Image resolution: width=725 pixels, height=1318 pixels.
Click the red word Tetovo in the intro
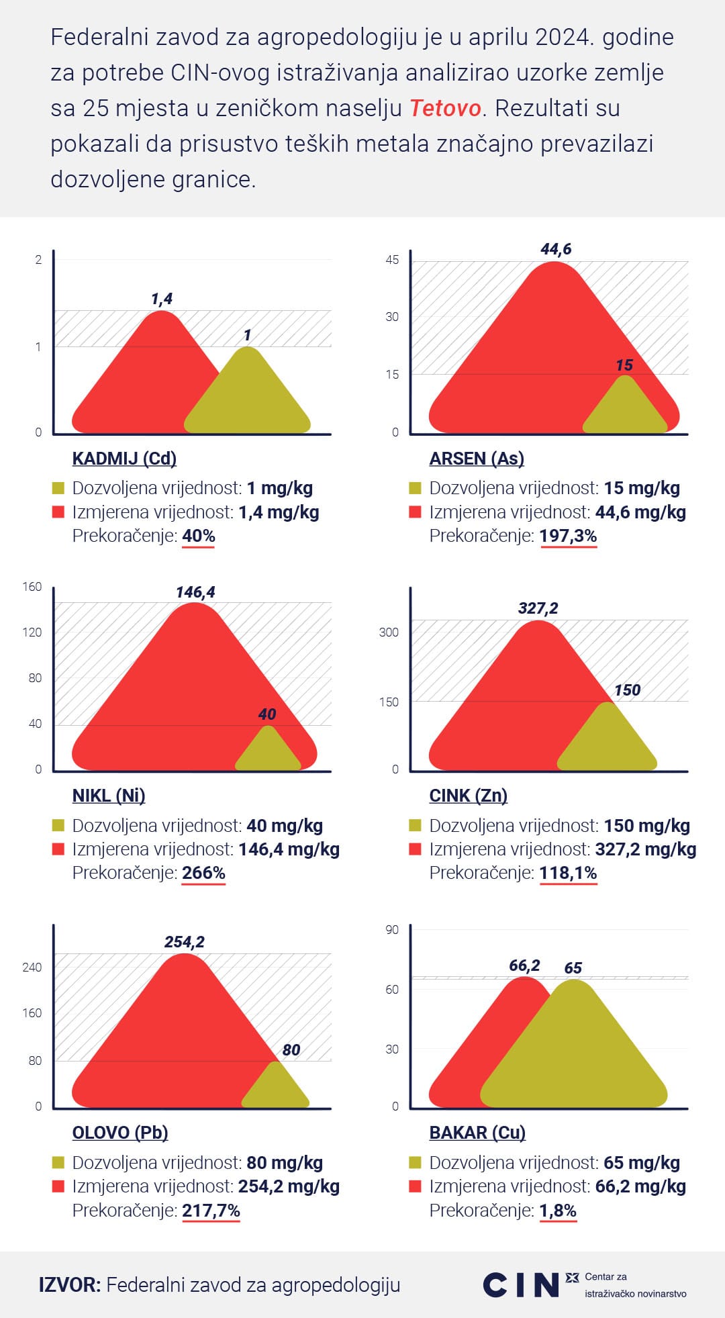[x=445, y=108]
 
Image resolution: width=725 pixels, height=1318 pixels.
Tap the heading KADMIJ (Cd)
[x=124, y=459]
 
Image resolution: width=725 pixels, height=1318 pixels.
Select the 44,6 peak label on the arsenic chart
[x=556, y=249]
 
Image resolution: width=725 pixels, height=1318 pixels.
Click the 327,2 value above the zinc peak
[x=538, y=608]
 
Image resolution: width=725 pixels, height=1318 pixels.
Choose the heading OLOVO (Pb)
[x=120, y=1133]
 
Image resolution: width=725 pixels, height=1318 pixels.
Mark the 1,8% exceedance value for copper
[x=558, y=1211]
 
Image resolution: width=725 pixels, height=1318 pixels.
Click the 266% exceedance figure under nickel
[x=203, y=873]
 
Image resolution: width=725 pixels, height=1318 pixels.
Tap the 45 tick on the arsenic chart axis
[x=392, y=260]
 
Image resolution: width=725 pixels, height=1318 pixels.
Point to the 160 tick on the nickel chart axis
[x=32, y=587]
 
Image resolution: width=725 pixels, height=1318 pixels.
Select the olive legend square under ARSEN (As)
[x=416, y=488]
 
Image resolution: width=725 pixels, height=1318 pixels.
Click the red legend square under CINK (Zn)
[x=416, y=849]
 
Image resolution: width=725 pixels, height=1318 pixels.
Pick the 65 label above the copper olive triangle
[x=573, y=968]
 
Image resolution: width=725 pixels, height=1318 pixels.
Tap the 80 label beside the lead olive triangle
[x=291, y=1050]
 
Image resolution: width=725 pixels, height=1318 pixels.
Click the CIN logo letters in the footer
[x=521, y=1284]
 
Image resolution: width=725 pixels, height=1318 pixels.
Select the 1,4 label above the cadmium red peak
[x=162, y=299]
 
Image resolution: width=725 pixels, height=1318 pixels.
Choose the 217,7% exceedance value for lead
[x=211, y=1211]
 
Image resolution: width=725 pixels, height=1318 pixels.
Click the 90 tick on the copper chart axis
[x=392, y=930]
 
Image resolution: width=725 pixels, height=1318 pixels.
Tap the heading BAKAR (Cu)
[x=477, y=1133]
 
